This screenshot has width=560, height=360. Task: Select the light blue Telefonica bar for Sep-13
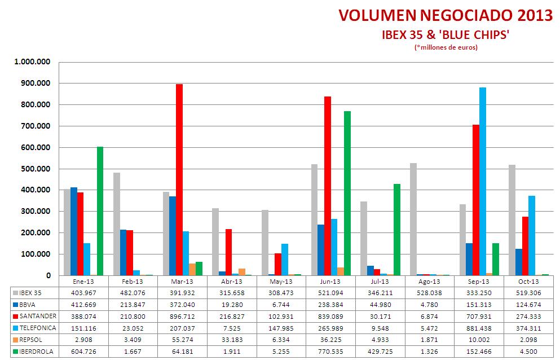pos(482,181)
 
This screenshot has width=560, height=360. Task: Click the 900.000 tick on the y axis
pos(36,84)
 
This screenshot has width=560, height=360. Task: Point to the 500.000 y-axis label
pos(36,169)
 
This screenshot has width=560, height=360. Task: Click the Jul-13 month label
pos(380,282)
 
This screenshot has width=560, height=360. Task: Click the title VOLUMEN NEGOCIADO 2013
pos(446,16)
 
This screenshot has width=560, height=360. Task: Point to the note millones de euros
pos(446,47)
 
